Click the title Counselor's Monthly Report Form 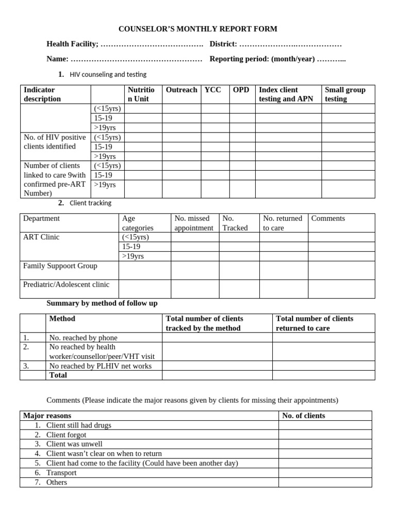[198, 29]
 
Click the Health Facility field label [73, 44]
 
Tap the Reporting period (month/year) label [262, 59]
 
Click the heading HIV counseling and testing [108, 74]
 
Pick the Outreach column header [181, 90]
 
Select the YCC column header [212, 90]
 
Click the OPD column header [241, 90]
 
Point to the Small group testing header [345, 94]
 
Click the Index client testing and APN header [286, 94]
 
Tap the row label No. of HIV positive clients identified [55, 142]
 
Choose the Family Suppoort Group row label [60, 266]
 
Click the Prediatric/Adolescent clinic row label [66, 284]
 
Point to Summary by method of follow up [102, 303]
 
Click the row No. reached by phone [83, 338]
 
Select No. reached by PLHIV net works [100, 366]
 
